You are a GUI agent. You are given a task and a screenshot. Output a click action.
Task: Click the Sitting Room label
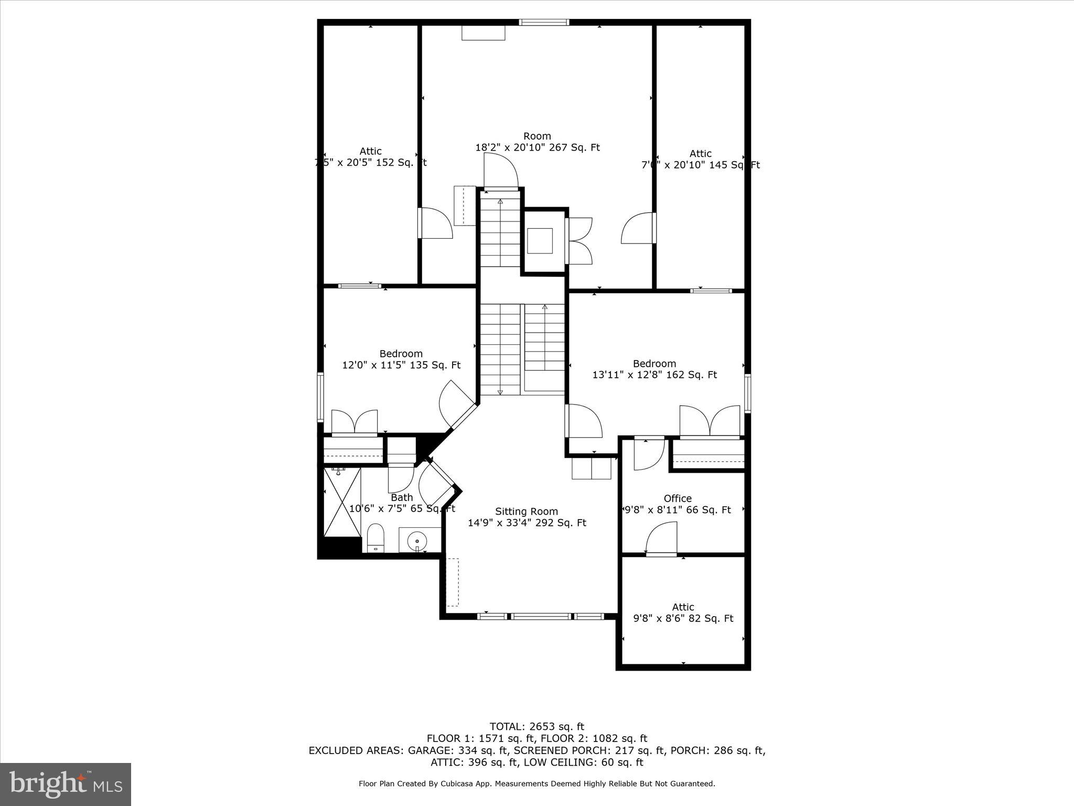coord(527,511)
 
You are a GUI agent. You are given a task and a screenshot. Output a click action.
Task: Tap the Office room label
coord(678,499)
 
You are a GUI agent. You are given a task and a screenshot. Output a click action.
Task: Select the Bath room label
coord(402,497)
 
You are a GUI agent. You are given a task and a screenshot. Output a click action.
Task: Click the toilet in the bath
coord(375,538)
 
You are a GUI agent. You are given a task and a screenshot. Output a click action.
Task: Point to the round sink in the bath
coord(417,540)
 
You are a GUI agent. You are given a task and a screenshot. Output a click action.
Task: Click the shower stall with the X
coord(342,502)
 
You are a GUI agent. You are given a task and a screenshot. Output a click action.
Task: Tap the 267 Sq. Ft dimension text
coord(575,147)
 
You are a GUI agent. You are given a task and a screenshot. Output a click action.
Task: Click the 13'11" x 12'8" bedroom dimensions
coord(654,375)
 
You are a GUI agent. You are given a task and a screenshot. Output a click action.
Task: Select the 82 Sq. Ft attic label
coord(683,618)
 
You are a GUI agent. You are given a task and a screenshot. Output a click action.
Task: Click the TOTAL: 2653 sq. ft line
coord(536,726)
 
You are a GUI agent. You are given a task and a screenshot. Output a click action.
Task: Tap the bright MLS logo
coord(66,784)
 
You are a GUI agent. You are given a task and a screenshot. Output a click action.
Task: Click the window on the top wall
coord(544,23)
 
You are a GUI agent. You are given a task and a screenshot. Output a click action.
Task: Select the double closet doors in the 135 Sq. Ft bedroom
coord(355,422)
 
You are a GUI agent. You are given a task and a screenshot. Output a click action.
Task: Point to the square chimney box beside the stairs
coord(540,241)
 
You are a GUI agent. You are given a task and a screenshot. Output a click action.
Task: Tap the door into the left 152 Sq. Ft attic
coord(434,224)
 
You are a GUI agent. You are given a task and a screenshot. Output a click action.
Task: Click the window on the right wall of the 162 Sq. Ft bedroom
coord(748,393)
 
